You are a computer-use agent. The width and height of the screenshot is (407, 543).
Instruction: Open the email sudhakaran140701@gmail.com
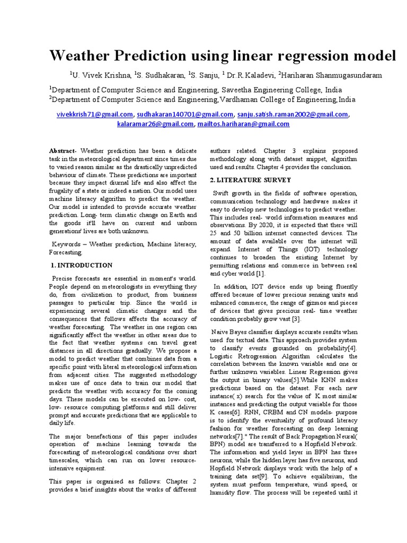185,114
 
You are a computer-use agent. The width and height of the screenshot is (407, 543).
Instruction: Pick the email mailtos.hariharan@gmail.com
243,124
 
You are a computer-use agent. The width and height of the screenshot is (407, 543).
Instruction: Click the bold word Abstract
63,151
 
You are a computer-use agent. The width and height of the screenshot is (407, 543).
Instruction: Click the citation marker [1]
260,274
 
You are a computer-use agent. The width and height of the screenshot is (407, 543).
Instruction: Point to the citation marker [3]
296,319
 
